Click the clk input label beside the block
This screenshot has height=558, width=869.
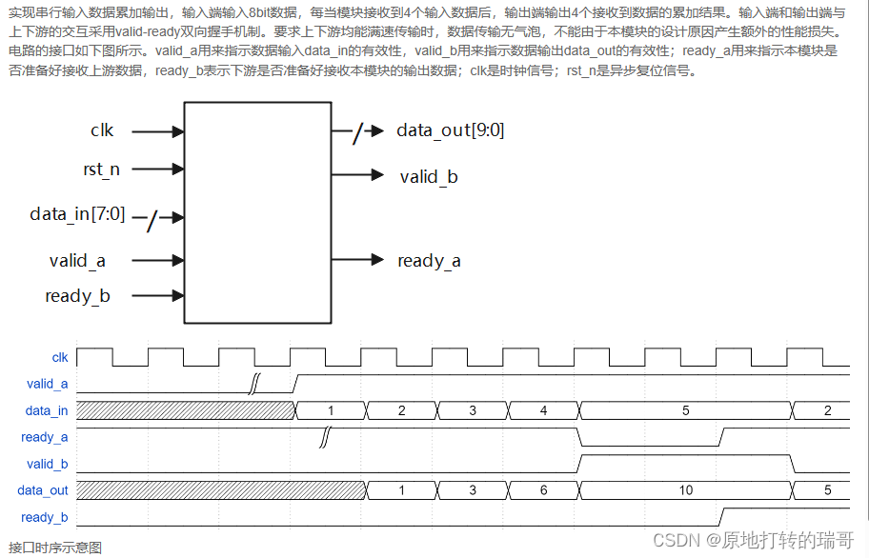click(102, 130)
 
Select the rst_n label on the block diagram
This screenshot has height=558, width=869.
click(102, 169)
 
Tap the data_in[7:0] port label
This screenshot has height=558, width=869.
click(77, 214)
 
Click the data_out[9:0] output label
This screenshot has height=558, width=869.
click(450, 130)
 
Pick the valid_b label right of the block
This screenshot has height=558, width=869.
click(429, 176)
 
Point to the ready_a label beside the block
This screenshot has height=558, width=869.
click(429, 260)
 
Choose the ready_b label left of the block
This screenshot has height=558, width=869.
click(77, 296)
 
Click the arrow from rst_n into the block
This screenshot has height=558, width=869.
click(157, 169)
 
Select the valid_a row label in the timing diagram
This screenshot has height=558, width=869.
click(48, 385)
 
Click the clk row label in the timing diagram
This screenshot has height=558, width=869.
click(60, 358)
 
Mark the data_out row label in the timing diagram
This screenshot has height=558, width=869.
click(43, 490)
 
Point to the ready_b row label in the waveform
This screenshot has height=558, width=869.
click(44, 517)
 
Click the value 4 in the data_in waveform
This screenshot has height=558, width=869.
click(544, 410)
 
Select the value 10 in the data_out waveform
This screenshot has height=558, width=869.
click(685, 490)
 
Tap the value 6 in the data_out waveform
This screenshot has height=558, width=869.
click(544, 490)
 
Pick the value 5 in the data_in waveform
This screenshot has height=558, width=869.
click(685, 410)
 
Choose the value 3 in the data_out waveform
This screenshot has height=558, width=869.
click(473, 490)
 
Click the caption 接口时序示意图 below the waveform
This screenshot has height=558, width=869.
click(54, 547)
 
